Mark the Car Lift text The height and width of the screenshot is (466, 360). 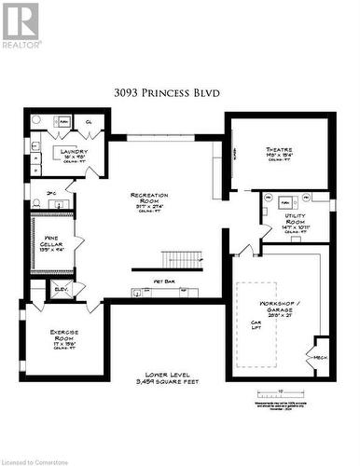coord(255,327)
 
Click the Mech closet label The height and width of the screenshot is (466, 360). coord(321,356)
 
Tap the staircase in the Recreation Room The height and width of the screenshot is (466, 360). coord(181,259)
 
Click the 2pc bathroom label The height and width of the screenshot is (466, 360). coord(52,194)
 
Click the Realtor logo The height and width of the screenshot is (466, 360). coord(21,25)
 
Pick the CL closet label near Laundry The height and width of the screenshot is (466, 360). coord(88,121)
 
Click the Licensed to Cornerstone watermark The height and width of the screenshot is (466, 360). coord(47,459)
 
